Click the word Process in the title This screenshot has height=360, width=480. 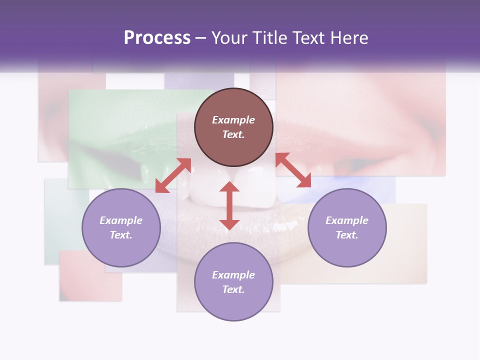pos(157,38)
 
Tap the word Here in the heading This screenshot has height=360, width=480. pos(348,38)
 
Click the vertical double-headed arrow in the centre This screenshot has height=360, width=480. pos(229,205)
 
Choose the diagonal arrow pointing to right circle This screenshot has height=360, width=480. pos(293,170)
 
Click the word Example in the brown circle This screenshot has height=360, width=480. pos(233,120)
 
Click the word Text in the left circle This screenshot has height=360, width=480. pos(120,235)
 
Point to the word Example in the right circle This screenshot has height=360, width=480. pos(347,220)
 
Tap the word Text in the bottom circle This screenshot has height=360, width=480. pos(233,289)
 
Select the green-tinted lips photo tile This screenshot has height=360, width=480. pos(125,135)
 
